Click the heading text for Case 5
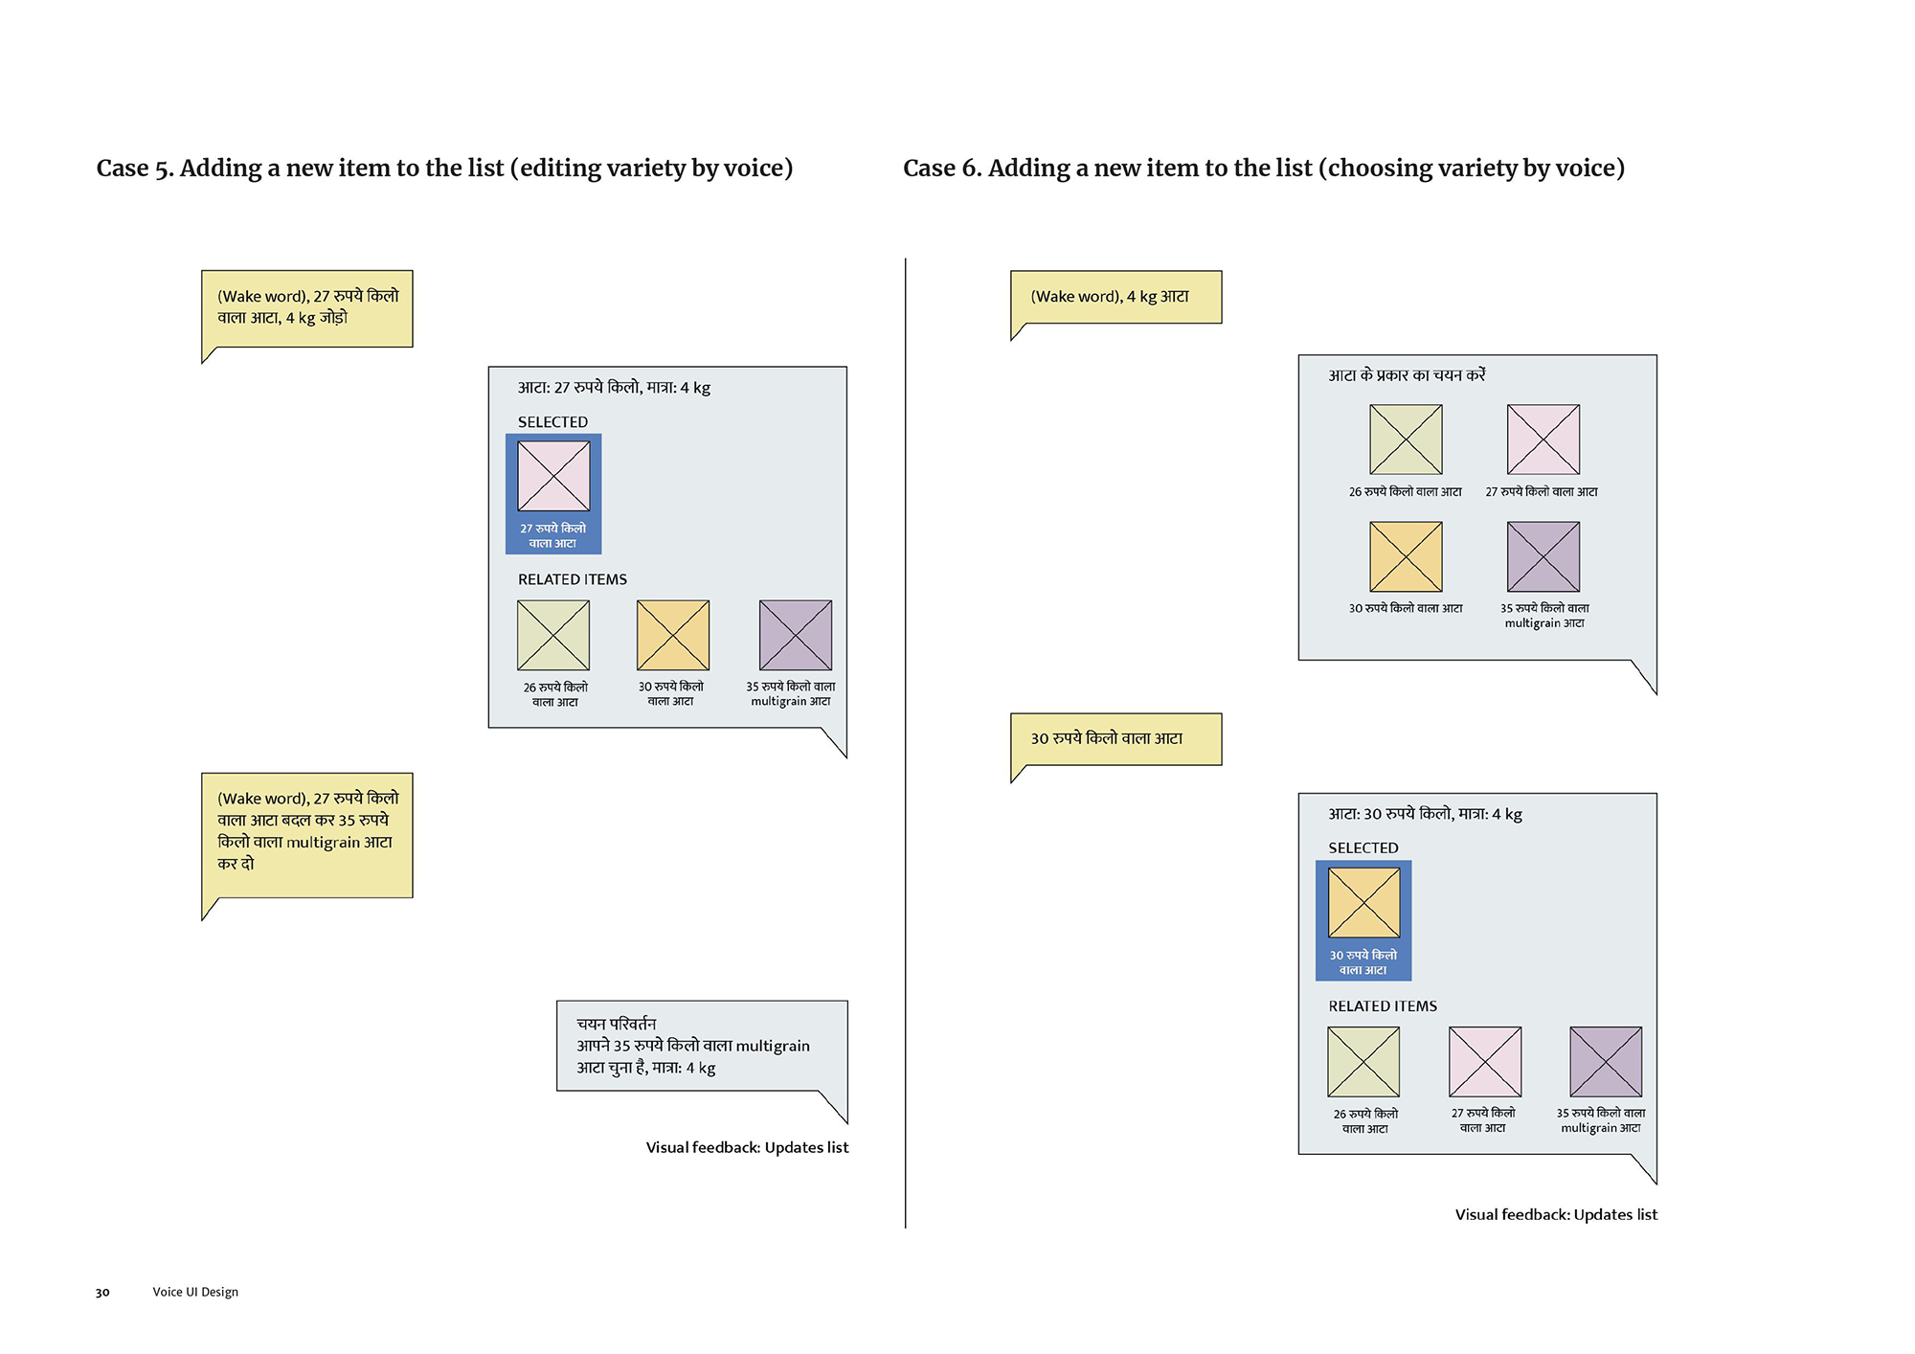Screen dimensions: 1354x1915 (444, 169)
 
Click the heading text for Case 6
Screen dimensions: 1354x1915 (1263, 169)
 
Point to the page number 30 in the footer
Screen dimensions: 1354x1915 (102, 1293)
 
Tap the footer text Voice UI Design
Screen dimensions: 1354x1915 (195, 1292)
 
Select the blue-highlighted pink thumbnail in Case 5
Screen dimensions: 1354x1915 (553, 476)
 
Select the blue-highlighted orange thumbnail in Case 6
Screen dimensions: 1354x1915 (1363, 903)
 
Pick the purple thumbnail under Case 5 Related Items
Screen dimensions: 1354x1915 (795, 635)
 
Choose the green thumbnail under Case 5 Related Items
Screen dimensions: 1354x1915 (553, 635)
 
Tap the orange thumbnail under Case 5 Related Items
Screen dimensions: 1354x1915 (673, 635)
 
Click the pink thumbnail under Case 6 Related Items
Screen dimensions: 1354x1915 (1484, 1062)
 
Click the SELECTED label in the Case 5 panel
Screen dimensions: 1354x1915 (552, 422)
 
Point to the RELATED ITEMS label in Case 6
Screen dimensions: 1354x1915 (1382, 1006)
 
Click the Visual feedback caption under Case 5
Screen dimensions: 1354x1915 (747, 1147)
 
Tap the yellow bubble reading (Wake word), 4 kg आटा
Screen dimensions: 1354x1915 (1115, 297)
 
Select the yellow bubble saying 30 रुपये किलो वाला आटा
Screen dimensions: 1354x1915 (1115, 739)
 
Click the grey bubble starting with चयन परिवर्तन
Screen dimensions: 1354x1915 (701, 1046)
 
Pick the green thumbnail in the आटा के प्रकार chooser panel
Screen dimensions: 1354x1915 (1406, 440)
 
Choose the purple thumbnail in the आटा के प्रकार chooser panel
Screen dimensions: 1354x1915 (1543, 556)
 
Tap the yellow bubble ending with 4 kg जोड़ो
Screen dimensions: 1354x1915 (306, 308)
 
